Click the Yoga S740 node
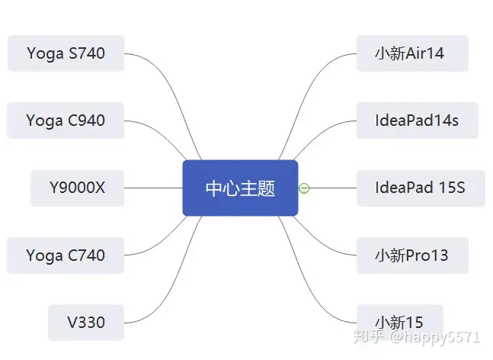pos(66,53)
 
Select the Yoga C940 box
pos(66,121)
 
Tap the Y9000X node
pos(78,188)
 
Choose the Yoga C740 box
pos(66,256)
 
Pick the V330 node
pos(86,323)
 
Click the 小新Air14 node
pos(412,53)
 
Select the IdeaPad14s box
pos(418,121)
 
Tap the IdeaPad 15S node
pos(421,188)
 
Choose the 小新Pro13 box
pos(412,256)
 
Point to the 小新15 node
pos(400,323)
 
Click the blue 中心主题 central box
pos(240,188)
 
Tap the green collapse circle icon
pos(304,188)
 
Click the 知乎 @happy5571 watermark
pos(417,336)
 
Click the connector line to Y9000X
pos(153,188)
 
